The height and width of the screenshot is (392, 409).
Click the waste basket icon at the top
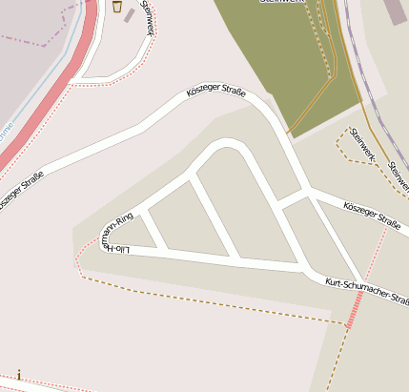117,7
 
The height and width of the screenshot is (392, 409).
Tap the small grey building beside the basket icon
129,15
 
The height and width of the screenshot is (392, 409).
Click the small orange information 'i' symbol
18,375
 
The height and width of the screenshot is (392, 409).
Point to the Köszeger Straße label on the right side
372,215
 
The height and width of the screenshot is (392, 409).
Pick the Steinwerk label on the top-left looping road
147,16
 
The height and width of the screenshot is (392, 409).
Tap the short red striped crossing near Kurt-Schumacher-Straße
356,310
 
